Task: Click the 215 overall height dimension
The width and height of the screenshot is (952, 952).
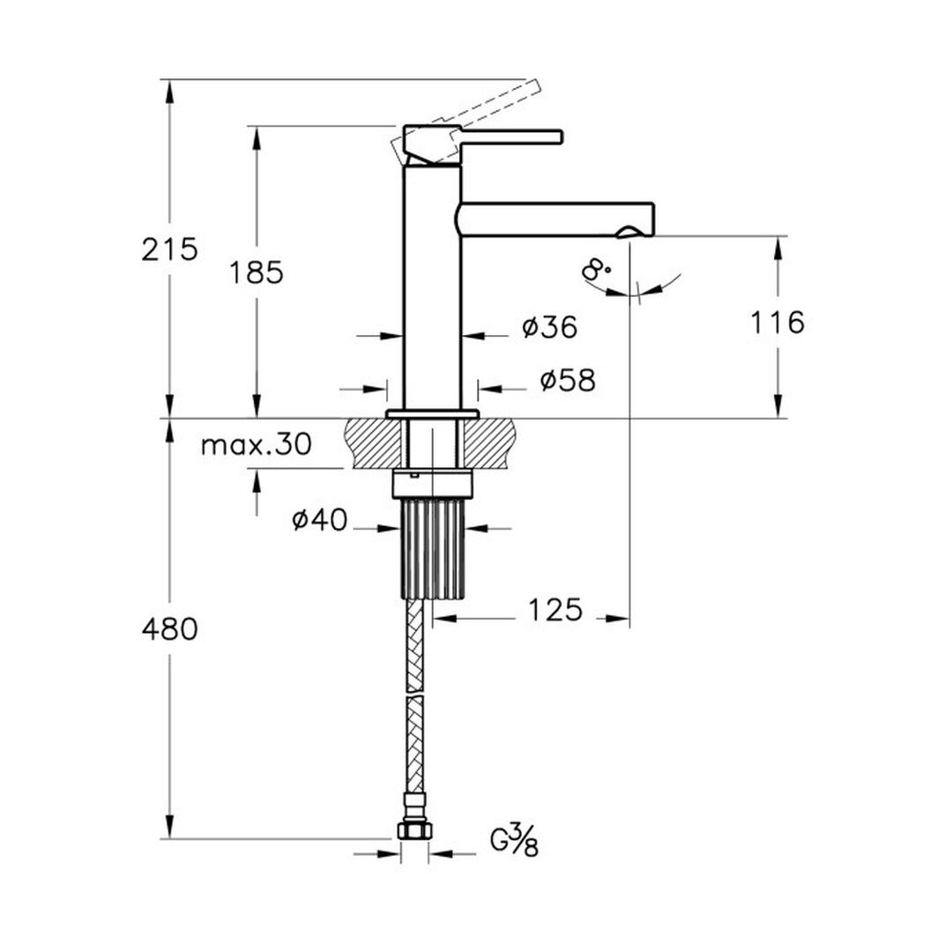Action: coord(169,249)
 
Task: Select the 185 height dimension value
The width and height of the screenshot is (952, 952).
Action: coord(256,272)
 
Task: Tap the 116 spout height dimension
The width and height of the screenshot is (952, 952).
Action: coord(777,322)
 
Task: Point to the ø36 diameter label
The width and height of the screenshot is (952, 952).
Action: coord(549,327)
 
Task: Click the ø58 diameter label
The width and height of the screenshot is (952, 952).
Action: coord(568,381)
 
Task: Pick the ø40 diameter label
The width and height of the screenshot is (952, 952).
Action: coord(319,520)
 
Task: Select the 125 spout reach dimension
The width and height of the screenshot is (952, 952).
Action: coord(555,610)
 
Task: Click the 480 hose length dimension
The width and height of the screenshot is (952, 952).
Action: coord(169,629)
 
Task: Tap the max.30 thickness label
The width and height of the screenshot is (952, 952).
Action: coord(256,445)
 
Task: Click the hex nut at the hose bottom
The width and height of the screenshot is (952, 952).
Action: coord(414,830)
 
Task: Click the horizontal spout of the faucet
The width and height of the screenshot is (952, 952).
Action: coord(555,219)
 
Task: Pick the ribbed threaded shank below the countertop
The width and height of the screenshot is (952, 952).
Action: coord(433,548)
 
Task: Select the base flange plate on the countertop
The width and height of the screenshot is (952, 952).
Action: coord(432,414)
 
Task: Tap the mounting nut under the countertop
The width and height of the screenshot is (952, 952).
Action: coord(433,483)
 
